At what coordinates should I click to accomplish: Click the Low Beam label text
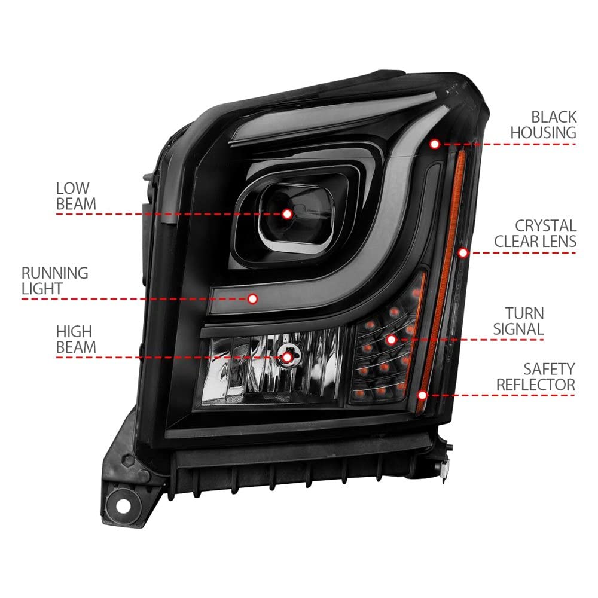tap(76, 196)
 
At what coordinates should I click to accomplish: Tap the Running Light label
tap(54, 280)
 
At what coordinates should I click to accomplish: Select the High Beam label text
tap(76, 340)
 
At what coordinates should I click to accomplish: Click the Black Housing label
tap(544, 125)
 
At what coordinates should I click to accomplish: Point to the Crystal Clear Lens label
tap(535, 233)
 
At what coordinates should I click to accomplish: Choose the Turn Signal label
tap(518, 321)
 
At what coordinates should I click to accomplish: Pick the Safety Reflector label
tap(535, 377)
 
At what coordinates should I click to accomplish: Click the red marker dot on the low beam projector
tap(288, 214)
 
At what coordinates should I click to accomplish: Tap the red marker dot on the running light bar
tap(252, 298)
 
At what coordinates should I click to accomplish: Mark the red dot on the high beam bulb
tap(287, 358)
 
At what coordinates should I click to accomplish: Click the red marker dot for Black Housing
tap(435, 144)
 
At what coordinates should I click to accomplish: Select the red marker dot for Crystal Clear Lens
tap(463, 252)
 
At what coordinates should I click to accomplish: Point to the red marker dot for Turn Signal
tap(391, 340)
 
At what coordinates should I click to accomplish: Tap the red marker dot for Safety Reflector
tap(422, 395)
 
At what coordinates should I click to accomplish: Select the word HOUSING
tap(544, 133)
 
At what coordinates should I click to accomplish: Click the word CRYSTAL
tap(546, 226)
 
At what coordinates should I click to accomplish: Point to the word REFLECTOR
tap(535, 385)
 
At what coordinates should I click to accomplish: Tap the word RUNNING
tap(54, 273)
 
